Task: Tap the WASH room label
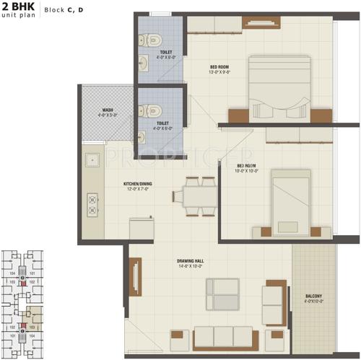coord(108,111)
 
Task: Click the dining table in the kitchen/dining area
coord(195,195)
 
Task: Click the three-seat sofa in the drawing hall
coord(224,337)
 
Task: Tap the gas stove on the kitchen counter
coord(92,203)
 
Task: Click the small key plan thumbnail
coord(27,302)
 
